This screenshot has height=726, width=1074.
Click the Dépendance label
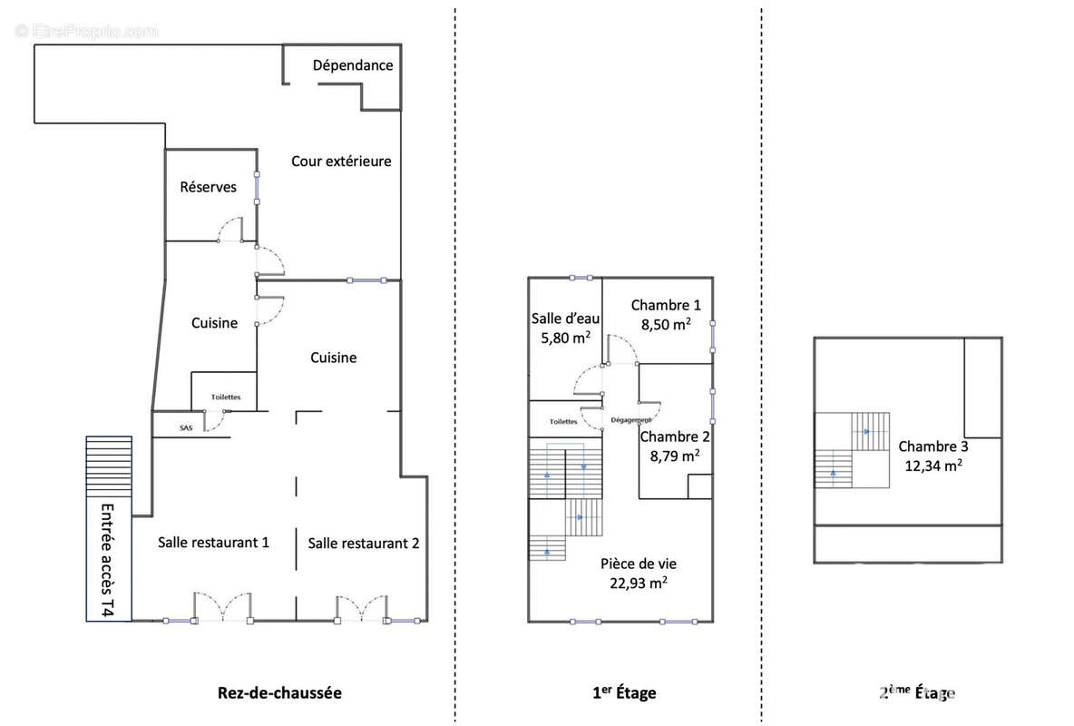pyautogui.click(x=353, y=65)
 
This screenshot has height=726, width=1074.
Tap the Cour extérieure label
pyautogui.click(x=341, y=162)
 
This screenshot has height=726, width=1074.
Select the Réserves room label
pyautogui.click(x=209, y=186)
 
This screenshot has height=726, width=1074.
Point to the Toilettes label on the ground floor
pyautogui.click(x=226, y=397)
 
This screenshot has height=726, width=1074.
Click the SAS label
pyautogui.click(x=186, y=427)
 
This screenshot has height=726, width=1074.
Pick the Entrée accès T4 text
pyautogui.click(x=108, y=559)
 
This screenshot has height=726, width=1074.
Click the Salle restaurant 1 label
pyautogui.click(x=213, y=543)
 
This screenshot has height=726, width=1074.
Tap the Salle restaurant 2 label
pyautogui.click(x=363, y=543)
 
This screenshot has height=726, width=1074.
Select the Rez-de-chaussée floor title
pyautogui.click(x=279, y=692)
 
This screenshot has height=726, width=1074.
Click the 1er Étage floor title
pyautogui.click(x=624, y=692)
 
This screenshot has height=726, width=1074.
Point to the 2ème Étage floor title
pyautogui.click(x=917, y=692)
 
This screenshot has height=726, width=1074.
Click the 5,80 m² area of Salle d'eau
pyautogui.click(x=566, y=338)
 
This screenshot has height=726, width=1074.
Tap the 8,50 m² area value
pyautogui.click(x=666, y=324)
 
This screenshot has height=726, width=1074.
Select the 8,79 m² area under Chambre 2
pyautogui.click(x=675, y=456)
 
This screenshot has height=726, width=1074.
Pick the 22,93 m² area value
pyautogui.click(x=639, y=583)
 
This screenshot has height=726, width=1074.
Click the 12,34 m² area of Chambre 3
pyautogui.click(x=933, y=466)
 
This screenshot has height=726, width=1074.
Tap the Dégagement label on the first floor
pyautogui.click(x=630, y=419)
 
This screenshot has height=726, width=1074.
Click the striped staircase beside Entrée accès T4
pyautogui.click(x=109, y=466)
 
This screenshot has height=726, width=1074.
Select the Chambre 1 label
pyautogui.click(x=666, y=305)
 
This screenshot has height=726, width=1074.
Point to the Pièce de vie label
pyautogui.click(x=639, y=564)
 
